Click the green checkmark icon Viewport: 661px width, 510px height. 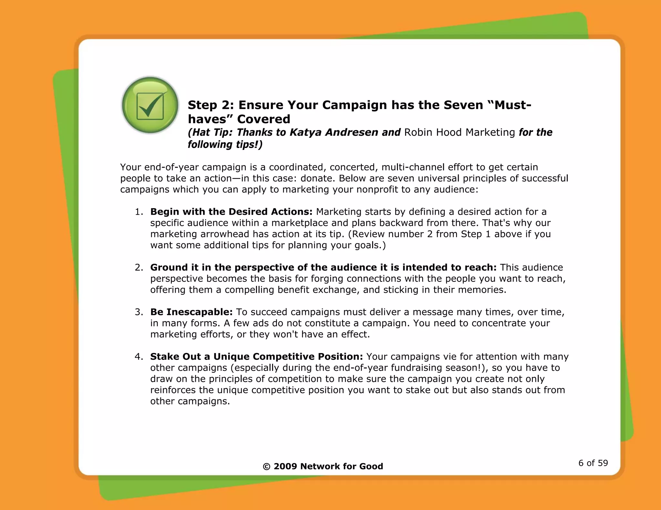click(x=150, y=105)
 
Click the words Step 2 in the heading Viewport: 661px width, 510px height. click(x=208, y=105)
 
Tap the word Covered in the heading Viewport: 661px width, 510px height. click(x=264, y=119)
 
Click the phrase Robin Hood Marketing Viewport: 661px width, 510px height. click(x=460, y=132)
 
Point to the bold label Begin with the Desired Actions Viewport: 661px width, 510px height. click(x=231, y=212)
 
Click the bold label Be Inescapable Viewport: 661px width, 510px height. click(x=191, y=312)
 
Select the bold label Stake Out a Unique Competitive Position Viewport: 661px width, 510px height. click(x=257, y=357)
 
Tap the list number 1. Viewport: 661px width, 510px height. click(x=139, y=212)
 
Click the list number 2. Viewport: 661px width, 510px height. click(x=139, y=268)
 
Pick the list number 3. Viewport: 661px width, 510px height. click(x=139, y=312)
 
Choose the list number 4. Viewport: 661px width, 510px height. click(x=139, y=357)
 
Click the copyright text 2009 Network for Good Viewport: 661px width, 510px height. click(x=323, y=466)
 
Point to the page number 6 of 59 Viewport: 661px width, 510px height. click(x=593, y=463)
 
